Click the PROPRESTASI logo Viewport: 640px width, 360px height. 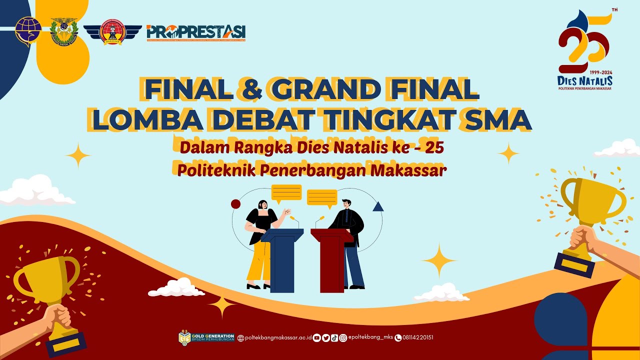196,32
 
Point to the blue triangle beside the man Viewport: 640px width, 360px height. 378,206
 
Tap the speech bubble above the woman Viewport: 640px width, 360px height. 286,192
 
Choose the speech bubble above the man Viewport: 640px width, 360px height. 322,197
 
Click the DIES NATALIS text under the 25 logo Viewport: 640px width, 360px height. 585,80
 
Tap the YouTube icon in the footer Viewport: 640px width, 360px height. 316,337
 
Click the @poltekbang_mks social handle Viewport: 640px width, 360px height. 370,337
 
